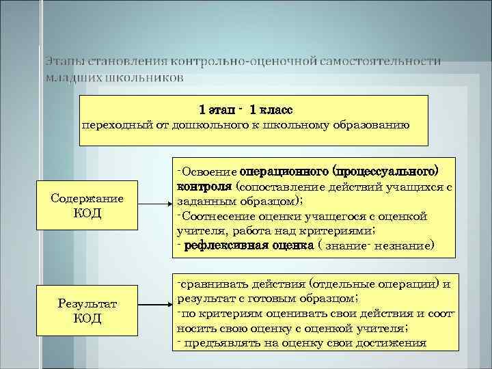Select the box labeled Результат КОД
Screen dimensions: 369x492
point(86,310)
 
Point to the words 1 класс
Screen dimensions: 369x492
point(271,109)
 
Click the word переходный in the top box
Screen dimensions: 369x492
point(111,124)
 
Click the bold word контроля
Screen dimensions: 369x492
point(204,184)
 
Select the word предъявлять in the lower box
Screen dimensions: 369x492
point(217,343)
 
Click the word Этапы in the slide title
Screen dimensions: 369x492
point(65,61)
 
